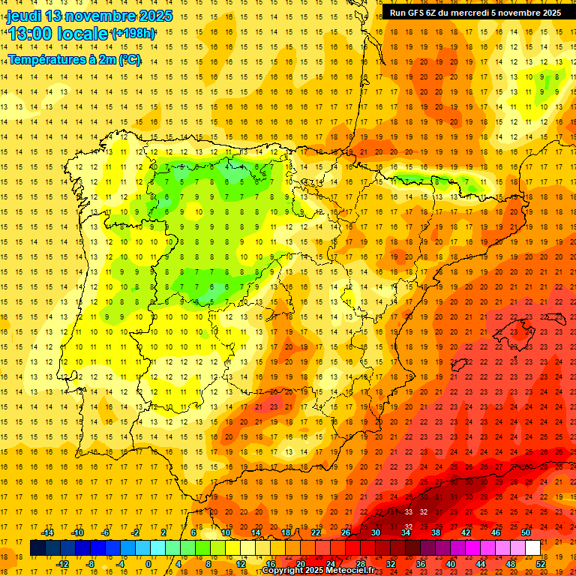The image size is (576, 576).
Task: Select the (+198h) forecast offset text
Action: tap(133, 34)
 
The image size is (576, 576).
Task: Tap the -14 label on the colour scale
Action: tap(48, 532)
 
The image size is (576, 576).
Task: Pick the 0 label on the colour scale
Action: tap(148, 563)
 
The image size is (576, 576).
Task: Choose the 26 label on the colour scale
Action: tap(345, 532)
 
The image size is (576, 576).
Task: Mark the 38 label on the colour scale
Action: tap(436, 532)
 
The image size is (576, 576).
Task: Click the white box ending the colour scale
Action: tap(533, 548)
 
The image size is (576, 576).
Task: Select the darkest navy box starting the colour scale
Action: tap(37, 548)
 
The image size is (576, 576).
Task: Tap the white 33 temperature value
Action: tap(409, 511)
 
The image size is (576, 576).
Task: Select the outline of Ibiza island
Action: tap(460, 365)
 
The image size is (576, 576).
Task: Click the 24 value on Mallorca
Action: tap(528, 331)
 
